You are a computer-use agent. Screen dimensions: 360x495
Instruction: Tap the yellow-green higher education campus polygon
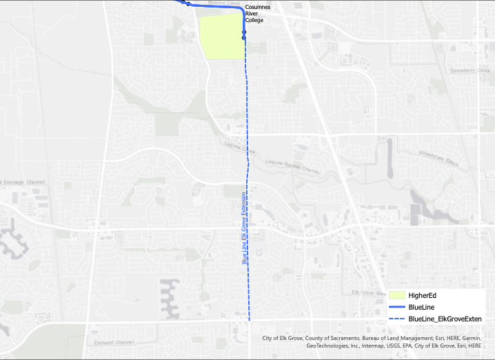(x=222, y=37)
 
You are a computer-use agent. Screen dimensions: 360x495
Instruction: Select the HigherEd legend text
(x=423, y=295)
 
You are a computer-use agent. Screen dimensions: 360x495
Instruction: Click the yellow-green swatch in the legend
(x=395, y=295)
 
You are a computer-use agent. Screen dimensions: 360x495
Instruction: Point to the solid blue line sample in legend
(x=395, y=307)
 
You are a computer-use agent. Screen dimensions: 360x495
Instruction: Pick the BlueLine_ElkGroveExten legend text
(x=445, y=319)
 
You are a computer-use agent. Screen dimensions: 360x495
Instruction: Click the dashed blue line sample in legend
(x=395, y=319)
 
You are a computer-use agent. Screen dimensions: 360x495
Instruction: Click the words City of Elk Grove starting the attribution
(x=285, y=339)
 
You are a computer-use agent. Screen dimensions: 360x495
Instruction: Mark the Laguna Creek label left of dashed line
(x=238, y=146)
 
